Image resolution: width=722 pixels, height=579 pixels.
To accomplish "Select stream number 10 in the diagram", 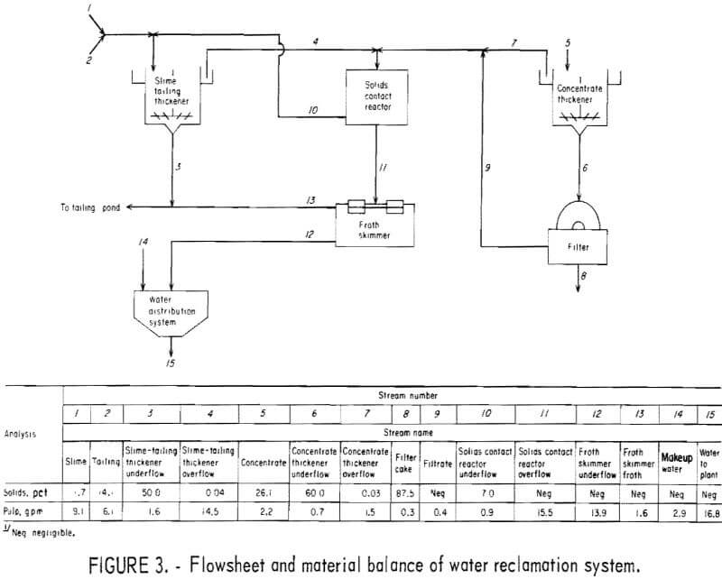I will coord(312,110).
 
